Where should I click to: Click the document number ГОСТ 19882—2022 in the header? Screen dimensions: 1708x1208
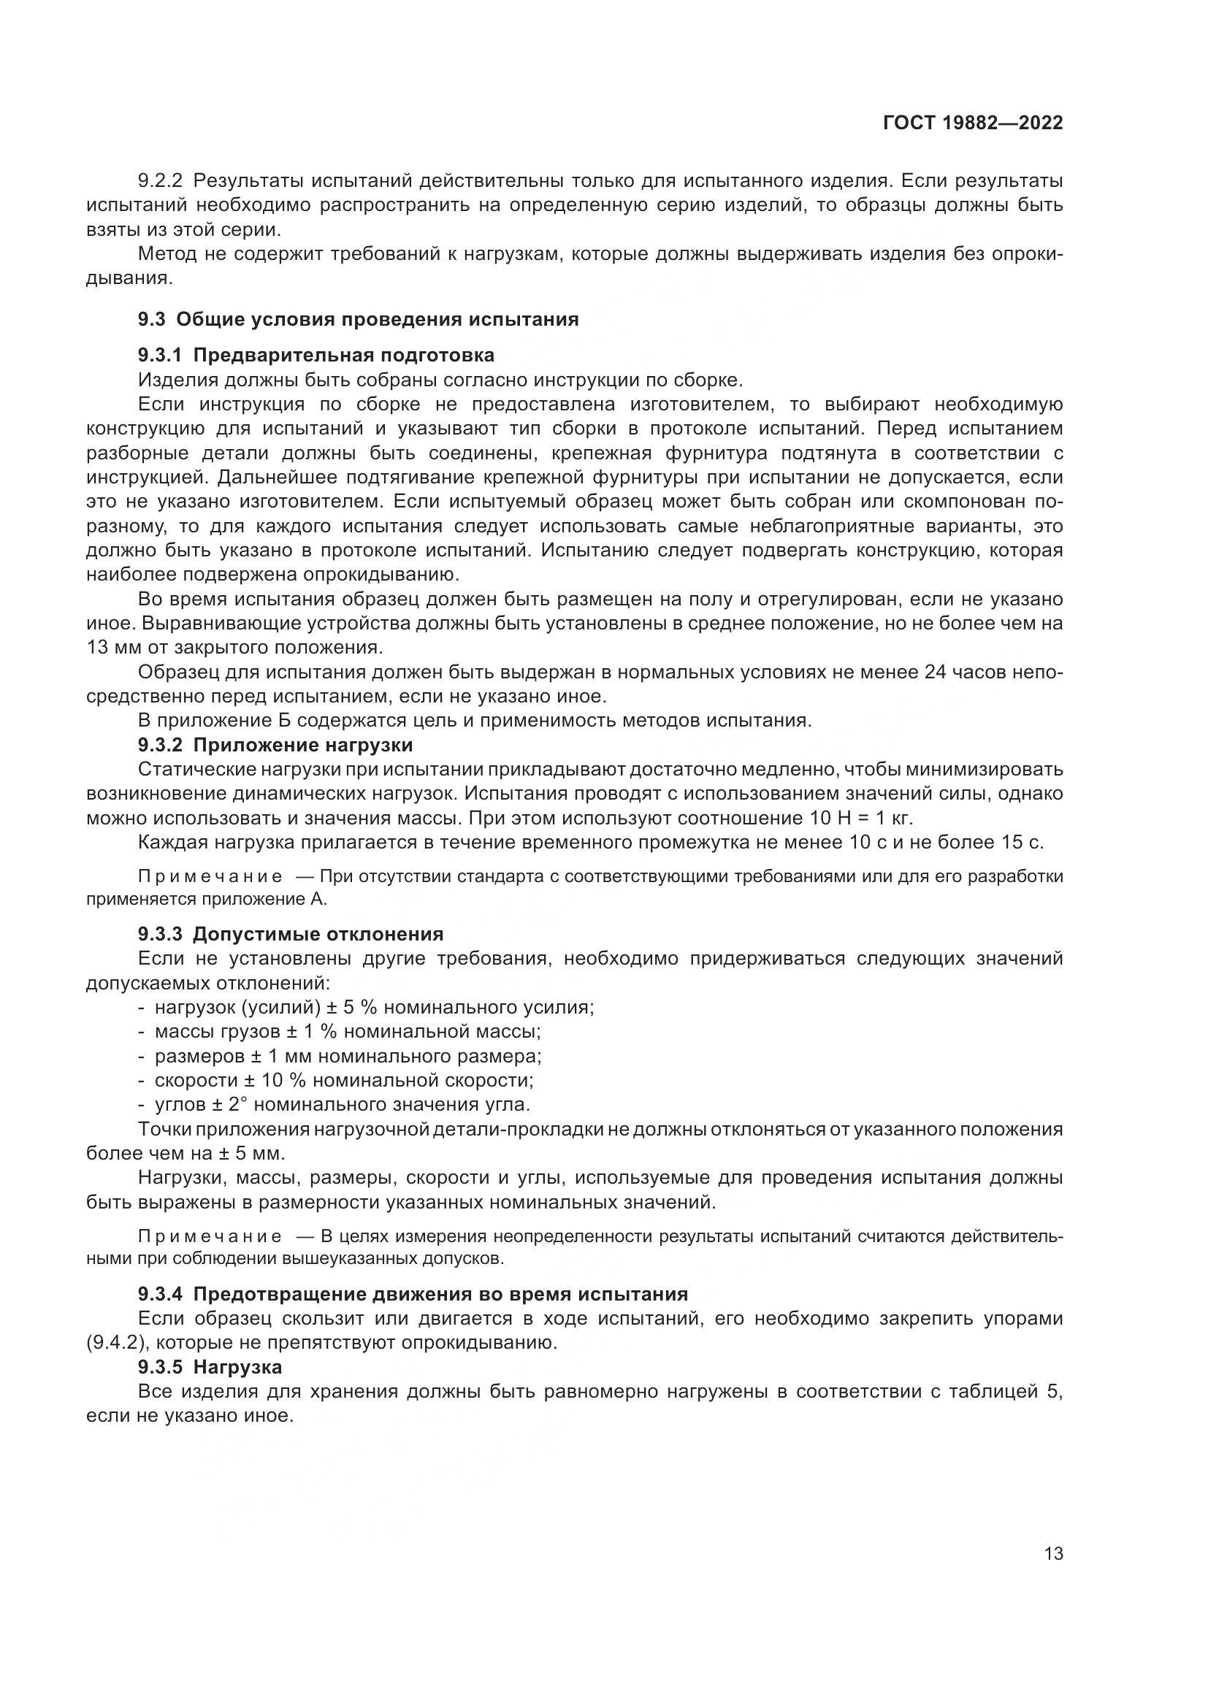(972, 123)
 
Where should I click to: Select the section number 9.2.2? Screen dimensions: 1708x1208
(159, 181)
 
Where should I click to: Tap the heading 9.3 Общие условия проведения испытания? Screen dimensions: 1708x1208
(358, 320)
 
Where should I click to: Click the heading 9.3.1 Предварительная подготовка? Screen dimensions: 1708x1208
(316, 355)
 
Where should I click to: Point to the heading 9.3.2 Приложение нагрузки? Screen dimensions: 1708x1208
(275, 745)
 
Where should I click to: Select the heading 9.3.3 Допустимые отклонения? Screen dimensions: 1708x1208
(290, 935)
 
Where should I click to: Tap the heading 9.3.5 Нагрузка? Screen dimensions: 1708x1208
(210, 1367)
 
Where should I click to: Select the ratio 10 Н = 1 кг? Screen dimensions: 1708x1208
(859, 819)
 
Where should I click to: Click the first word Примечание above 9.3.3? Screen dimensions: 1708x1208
(210, 876)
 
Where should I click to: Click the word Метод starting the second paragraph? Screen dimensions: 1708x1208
(166, 254)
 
